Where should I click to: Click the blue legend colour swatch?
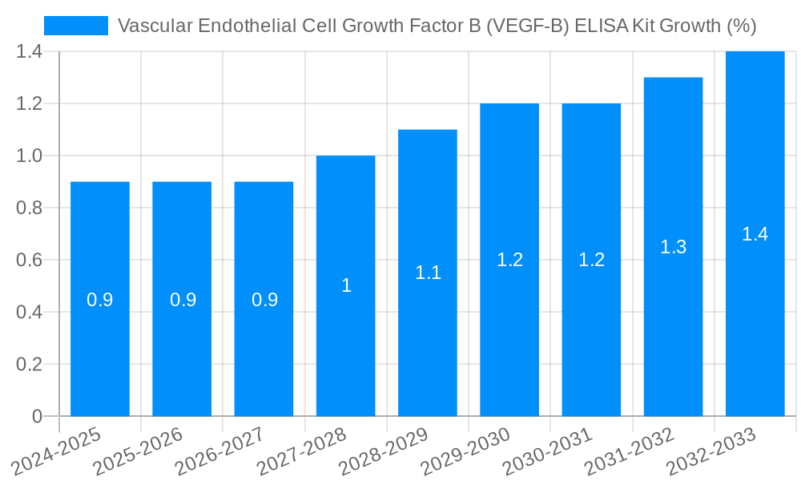pos(76,26)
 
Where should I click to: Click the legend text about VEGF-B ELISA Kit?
pos(437,26)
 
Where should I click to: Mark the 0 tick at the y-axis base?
pos(37,417)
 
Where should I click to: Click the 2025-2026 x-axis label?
pos(139,451)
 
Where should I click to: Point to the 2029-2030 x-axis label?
pos(465,451)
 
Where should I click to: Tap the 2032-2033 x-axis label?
pos(710,451)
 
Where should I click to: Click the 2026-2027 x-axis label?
pos(220,451)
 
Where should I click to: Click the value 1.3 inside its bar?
pos(673,247)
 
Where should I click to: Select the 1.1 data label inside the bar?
pos(428,273)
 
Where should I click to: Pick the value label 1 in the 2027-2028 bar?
pos(346,285)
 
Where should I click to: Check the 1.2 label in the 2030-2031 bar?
pos(591,260)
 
